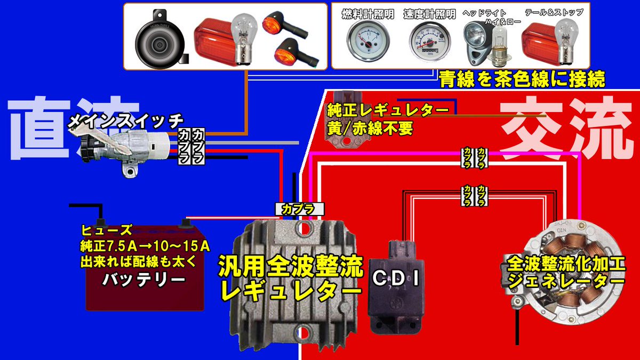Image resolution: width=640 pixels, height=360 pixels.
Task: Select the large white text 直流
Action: (69, 128)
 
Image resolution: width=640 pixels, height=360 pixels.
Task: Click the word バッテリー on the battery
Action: (144, 278)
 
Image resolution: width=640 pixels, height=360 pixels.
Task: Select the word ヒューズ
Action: (107, 230)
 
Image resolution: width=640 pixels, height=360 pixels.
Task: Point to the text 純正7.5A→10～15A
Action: (144, 246)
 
